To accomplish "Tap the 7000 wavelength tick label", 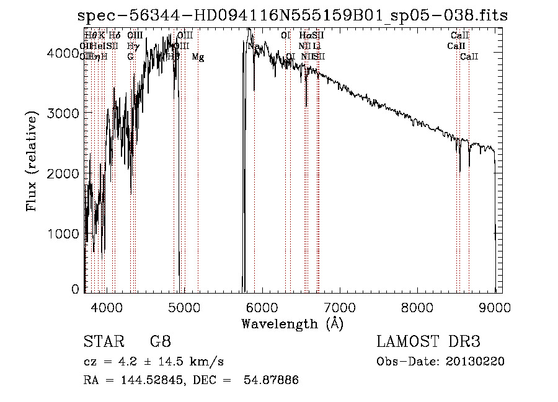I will point(339,306).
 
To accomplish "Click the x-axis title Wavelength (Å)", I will point(292,323).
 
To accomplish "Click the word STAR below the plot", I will point(99,341).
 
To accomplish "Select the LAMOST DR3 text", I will point(428,341).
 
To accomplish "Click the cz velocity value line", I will point(153,361).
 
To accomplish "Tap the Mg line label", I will point(198,57).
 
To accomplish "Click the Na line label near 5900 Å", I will point(254,46).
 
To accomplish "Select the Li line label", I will point(317,46).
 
